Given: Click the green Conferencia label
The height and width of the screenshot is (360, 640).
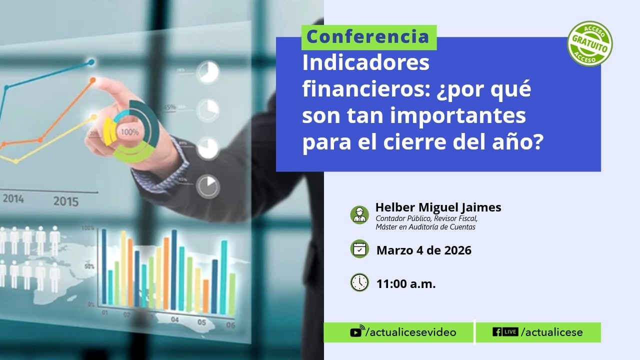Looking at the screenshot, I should pyautogui.click(x=368, y=37).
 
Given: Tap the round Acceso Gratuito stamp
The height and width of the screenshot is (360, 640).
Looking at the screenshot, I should pyautogui.click(x=590, y=43).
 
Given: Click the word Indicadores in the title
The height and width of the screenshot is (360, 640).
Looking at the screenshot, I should pyautogui.click(x=365, y=64).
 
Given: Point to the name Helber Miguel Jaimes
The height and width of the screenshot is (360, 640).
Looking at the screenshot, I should pyautogui.click(x=438, y=207).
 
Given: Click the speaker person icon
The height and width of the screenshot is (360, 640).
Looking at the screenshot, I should pyautogui.click(x=359, y=214).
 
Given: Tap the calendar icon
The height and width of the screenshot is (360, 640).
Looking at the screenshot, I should pyautogui.click(x=359, y=249).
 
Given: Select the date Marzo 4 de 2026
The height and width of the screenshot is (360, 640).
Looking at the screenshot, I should pyautogui.click(x=423, y=250).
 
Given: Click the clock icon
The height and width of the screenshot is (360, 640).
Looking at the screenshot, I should pyautogui.click(x=359, y=282).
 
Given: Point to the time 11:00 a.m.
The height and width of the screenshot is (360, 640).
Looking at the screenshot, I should pyautogui.click(x=406, y=284).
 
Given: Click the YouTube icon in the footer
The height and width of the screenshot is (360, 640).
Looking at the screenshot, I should pyautogui.click(x=356, y=332).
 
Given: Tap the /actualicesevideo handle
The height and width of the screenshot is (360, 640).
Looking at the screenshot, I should pyautogui.click(x=411, y=332).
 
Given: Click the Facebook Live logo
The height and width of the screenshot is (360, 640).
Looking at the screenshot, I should pyautogui.click(x=505, y=332).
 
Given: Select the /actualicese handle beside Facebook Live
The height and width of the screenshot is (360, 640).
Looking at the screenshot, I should pyautogui.click(x=552, y=332).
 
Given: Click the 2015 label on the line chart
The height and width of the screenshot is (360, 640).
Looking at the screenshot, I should pyautogui.click(x=66, y=202).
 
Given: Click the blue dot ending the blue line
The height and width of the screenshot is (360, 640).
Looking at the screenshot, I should pyautogui.click(x=91, y=62).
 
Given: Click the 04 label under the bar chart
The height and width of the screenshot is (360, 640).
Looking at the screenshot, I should pyautogui.click(x=174, y=319).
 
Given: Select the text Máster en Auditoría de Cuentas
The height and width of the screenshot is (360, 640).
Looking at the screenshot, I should pyautogui.click(x=425, y=227).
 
